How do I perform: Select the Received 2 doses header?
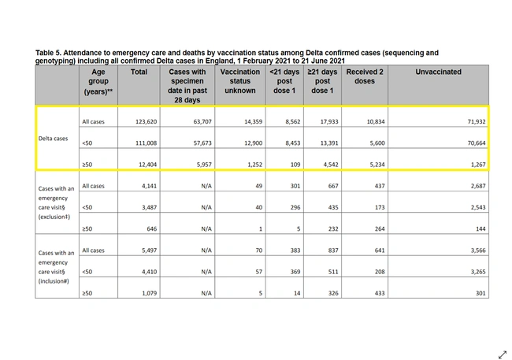click(365, 76)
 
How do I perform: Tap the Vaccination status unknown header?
click(240, 81)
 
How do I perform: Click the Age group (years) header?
click(99, 81)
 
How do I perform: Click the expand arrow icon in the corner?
click(502, 354)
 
